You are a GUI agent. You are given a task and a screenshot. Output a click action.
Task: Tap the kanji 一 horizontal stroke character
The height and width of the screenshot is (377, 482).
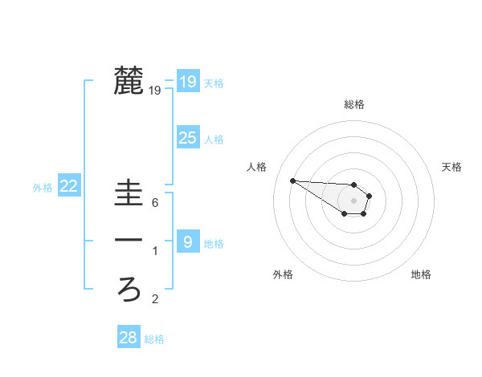coord(128,241)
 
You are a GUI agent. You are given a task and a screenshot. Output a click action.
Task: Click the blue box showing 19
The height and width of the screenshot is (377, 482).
coord(187,81)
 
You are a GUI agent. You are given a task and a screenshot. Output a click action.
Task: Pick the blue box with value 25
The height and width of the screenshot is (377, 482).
coord(187,138)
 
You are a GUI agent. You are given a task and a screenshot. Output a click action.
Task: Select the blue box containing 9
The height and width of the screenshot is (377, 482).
coord(187,241)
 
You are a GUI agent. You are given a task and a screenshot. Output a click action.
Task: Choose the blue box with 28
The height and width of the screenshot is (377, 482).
coord(128,338)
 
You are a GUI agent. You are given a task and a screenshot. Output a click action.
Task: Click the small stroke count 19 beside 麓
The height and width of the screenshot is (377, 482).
coord(155,91)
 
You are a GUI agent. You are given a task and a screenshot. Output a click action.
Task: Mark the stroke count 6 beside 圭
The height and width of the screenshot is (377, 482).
coord(155,203)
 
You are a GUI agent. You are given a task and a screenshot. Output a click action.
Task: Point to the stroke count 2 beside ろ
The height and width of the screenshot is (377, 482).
coord(155,300)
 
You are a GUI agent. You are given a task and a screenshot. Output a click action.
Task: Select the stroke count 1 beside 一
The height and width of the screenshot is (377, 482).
coord(155,252)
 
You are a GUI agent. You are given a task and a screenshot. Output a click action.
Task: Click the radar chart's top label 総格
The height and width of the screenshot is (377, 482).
coord(354,104)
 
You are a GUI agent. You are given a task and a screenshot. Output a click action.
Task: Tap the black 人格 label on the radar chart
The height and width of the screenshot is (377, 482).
coord(256,167)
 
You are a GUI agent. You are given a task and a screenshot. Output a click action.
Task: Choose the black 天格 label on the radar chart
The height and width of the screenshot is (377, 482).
coord(451,167)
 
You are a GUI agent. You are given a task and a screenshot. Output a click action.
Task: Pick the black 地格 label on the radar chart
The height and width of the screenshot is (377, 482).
coord(421,274)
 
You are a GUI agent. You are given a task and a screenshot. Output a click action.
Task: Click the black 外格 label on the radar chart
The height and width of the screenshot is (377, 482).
coord(283,274)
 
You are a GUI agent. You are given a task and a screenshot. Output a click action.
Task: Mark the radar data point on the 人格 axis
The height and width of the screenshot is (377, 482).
coord(292,180)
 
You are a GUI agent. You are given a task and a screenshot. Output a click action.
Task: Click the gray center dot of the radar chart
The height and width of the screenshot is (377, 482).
coord(354,201)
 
